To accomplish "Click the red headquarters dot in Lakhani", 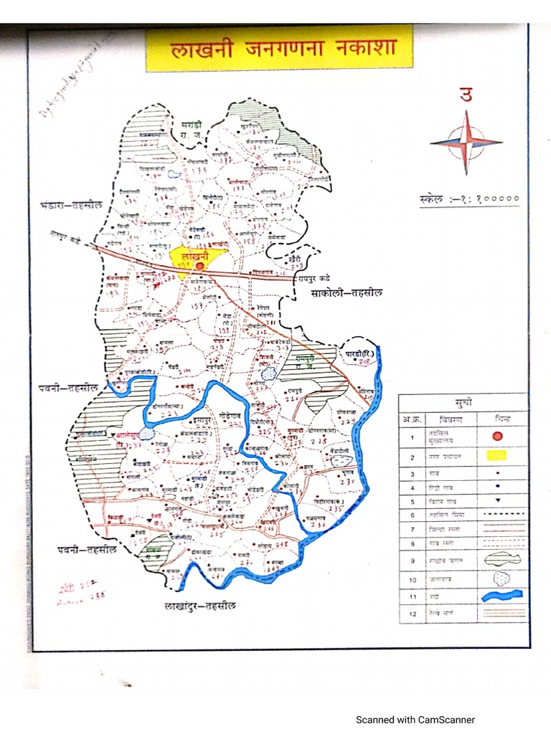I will coord(201,266).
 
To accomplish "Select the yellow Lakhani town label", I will coord(194,255).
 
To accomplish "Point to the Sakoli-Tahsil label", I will coord(347,292).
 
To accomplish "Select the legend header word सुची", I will coord(463,401).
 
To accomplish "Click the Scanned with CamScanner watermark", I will coord(415,720).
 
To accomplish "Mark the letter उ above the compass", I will coord(467,95).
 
